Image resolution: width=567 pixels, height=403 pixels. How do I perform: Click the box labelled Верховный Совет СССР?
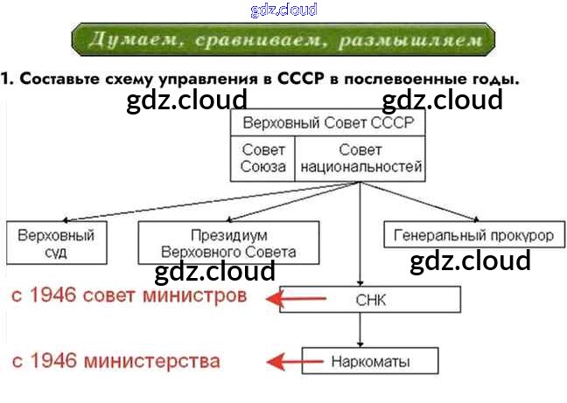(327, 122)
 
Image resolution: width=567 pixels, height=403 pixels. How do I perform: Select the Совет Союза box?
(263, 158)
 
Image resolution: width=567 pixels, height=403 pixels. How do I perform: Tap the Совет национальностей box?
(360, 158)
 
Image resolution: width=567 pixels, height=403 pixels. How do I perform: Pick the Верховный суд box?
(56, 243)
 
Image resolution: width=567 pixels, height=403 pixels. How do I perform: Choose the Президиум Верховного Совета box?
(228, 243)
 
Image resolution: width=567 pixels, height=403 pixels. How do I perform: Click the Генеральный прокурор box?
(473, 236)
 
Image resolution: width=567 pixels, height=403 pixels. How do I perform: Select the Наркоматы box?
(370, 360)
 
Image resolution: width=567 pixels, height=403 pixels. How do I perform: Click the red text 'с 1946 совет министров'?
(129, 295)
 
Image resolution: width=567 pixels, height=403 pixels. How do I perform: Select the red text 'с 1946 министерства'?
(115, 360)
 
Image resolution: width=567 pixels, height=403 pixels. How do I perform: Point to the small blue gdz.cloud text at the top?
(283, 10)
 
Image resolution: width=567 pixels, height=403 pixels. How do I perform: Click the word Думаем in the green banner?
(123, 40)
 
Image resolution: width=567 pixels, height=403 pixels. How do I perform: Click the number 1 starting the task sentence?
(6, 79)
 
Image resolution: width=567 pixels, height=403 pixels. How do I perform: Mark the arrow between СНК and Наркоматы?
(360, 330)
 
